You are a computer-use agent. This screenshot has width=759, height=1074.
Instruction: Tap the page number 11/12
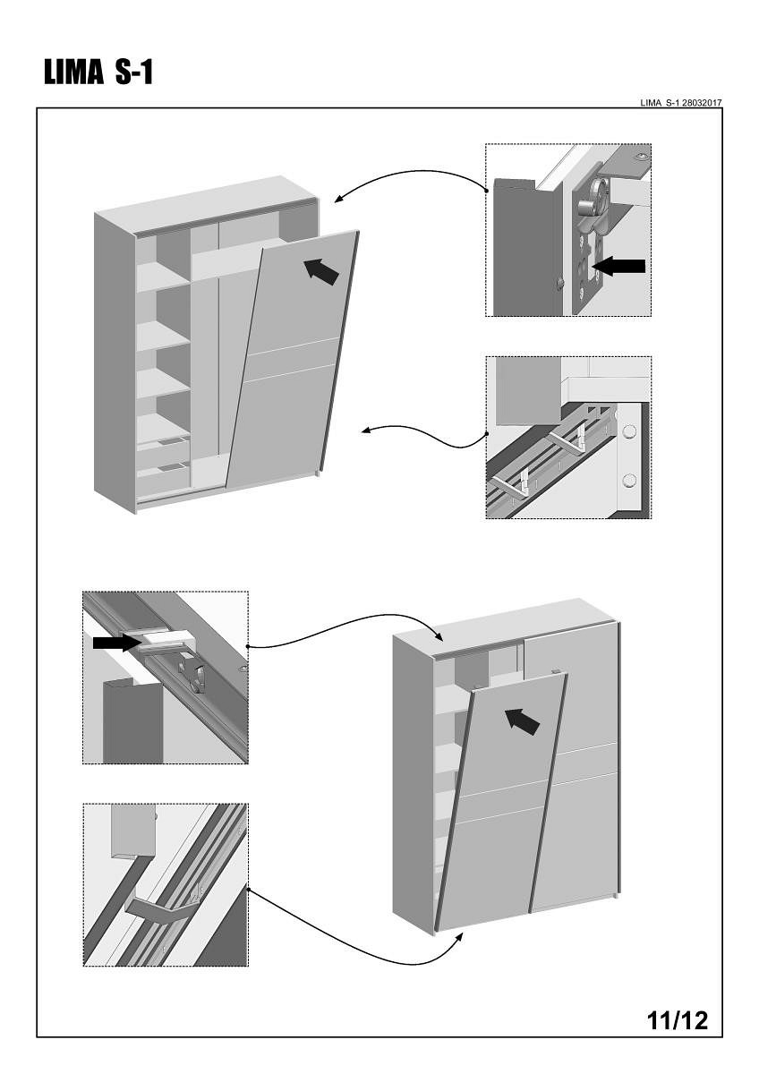[x=677, y=1019]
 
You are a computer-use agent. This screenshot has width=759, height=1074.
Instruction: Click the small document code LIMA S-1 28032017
[x=681, y=103]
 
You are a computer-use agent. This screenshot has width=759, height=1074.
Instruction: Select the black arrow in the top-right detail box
[x=619, y=266]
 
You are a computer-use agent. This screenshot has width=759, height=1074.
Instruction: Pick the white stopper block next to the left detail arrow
[x=166, y=639]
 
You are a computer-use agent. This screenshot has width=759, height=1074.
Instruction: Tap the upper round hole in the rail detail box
[x=629, y=431]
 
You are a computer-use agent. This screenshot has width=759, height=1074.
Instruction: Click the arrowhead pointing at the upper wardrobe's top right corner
[x=337, y=199]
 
